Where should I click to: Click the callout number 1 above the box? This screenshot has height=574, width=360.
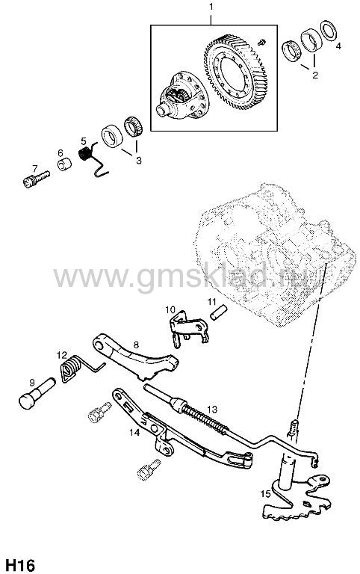[211, 7]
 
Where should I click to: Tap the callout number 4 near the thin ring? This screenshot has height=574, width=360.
[338, 46]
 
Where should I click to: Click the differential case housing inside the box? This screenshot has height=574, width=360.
[181, 95]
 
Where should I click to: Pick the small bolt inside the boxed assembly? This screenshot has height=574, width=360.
[261, 42]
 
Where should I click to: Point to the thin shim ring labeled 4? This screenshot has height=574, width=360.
[328, 31]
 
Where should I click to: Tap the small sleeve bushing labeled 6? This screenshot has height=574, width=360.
[64, 164]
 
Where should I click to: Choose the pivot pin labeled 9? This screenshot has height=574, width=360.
[36, 395]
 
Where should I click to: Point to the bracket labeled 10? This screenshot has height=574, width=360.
[188, 327]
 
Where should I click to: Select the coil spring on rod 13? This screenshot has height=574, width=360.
[204, 417]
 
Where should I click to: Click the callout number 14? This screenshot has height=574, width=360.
[134, 432]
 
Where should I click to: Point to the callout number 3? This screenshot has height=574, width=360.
[139, 160]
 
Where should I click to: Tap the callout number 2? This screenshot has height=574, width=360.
[315, 75]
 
